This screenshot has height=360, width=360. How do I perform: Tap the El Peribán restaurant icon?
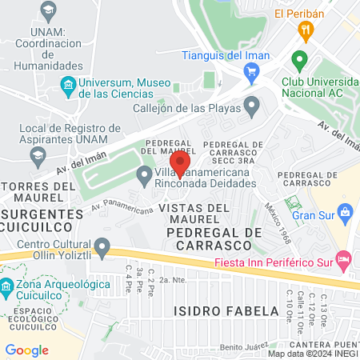click(x=304, y=31)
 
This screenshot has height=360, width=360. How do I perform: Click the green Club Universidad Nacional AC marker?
click(x=300, y=61)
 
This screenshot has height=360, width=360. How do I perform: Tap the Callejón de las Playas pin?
click(x=252, y=105)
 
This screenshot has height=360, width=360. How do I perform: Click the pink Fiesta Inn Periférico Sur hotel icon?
click(x=343, y=258)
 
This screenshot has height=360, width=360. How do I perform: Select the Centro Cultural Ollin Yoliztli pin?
click(x=102, y=245)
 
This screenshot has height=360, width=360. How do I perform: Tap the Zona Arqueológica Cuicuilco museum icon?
click(x=6, y=286)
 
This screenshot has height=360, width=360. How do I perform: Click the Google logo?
click(x=26, y=350)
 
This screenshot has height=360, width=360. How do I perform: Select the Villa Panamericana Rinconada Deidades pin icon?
click(x=145, y=174)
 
